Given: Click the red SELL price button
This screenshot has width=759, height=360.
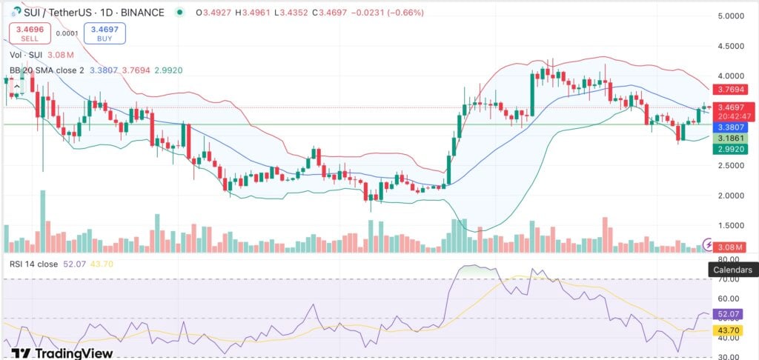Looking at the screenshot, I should point(29,33).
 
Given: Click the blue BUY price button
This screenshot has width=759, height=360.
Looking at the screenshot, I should point(105,33).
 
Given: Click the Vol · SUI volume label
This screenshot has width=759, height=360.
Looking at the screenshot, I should point(24,54).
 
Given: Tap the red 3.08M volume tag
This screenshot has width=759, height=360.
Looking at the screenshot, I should point(730,245).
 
